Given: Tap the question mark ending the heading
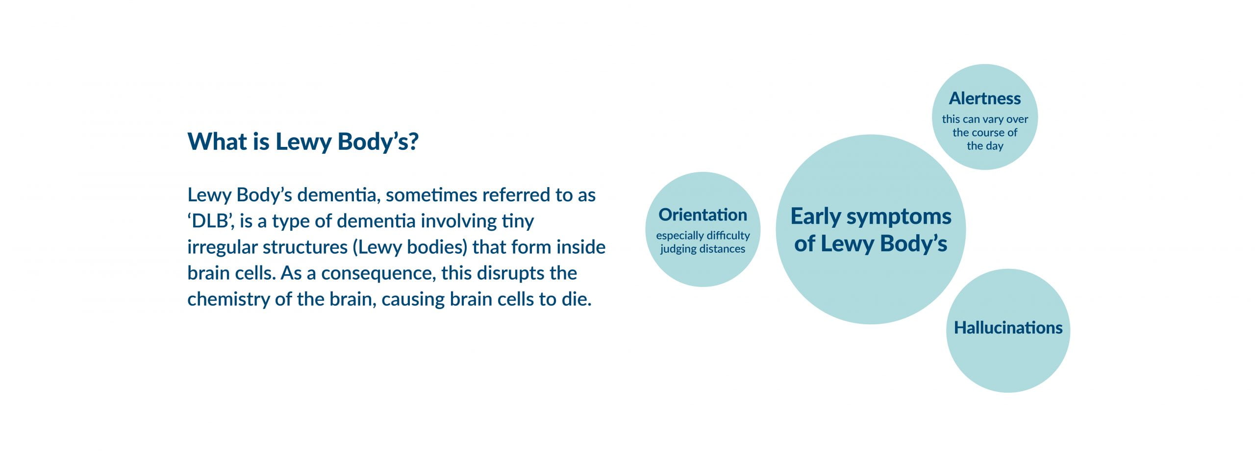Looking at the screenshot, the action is [x=413, y=142].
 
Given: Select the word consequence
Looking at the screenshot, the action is [x=378, y=273].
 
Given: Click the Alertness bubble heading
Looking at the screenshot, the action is [x=985, y=98].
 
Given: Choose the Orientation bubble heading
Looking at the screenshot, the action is [x=703, y=215].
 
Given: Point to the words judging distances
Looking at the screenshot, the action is [x=703, y=249].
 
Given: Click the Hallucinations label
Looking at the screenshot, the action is [x=1008, y=328].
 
